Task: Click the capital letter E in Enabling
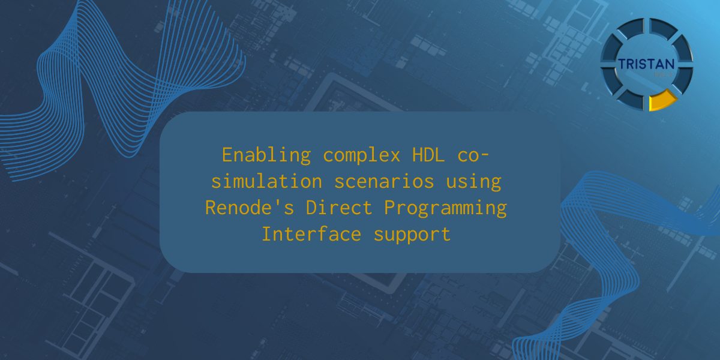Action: (x=227, y=155)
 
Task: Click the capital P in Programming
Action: (x=394, y=208)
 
